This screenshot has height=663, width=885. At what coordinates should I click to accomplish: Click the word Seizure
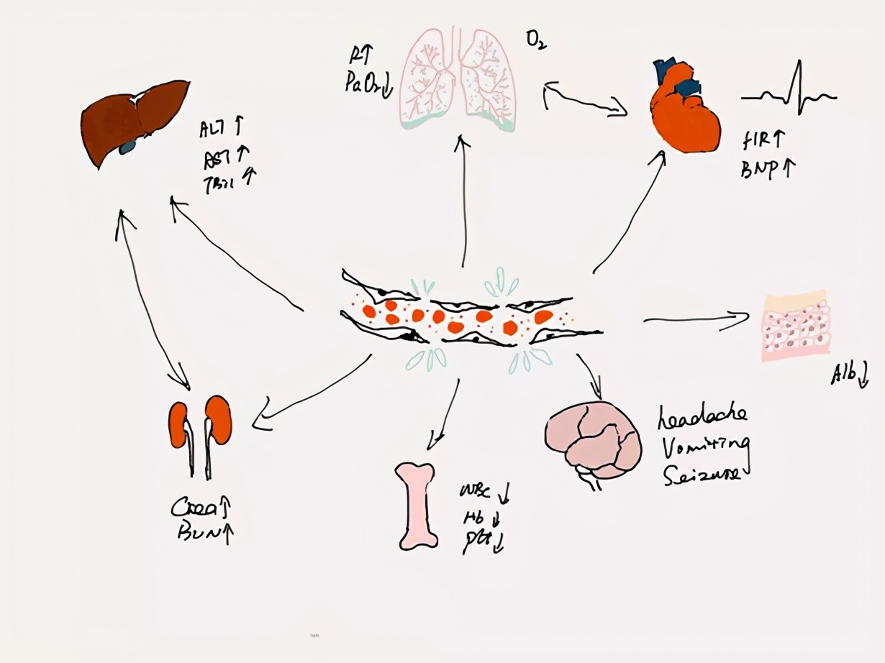pos(702,475)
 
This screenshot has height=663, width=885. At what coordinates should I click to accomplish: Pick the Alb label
pos(845,373)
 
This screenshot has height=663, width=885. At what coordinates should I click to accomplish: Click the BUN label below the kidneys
pos(197,534)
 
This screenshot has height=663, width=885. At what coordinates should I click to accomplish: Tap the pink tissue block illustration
pos(795,326)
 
